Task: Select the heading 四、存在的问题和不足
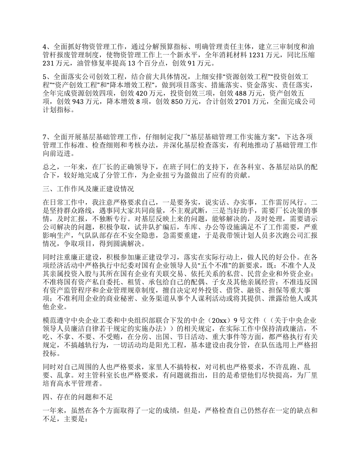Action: coord(77,397)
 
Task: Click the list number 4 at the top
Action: coord(45,47)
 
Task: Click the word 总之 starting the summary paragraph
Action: coord(49,167)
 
